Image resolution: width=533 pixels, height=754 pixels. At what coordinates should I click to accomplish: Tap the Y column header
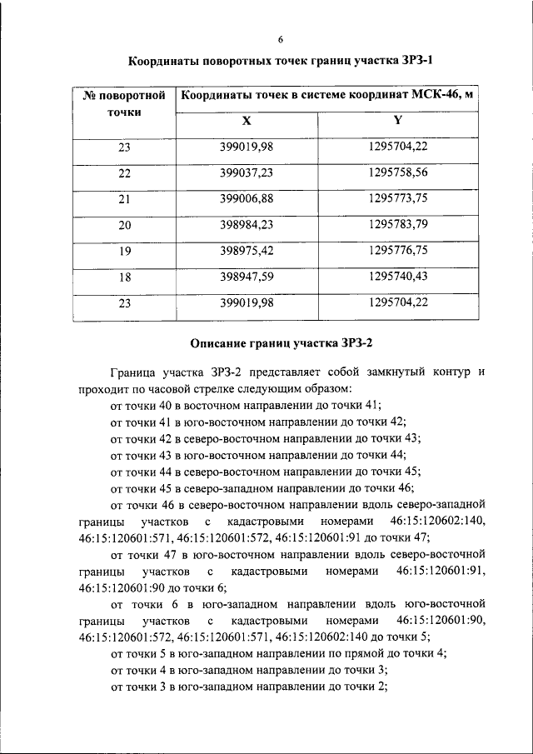point(397,121)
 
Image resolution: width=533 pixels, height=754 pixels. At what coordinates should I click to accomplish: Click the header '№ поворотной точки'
point(124,103)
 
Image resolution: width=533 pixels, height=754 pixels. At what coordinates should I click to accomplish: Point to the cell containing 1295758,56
point(397,173)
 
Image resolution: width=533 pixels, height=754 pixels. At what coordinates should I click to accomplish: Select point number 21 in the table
point(125,199)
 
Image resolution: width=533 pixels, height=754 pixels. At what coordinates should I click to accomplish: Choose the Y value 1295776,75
point(397,251)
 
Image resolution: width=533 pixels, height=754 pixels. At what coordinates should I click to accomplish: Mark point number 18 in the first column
point(125,277)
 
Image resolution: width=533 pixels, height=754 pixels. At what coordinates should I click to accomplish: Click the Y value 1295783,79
point(397,225)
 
